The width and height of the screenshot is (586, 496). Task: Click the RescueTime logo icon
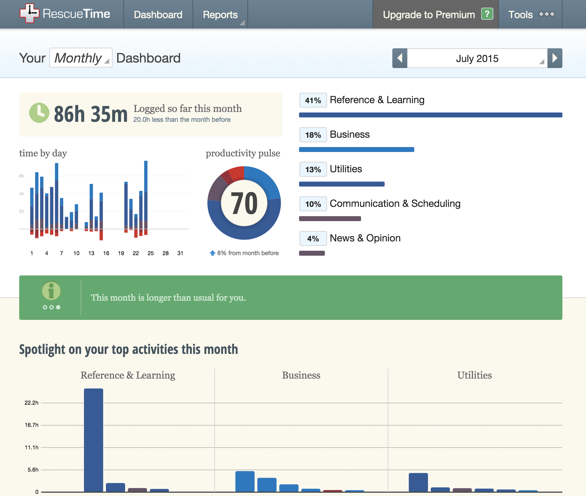point(29,13)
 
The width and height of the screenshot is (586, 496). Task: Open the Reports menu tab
point(220,14)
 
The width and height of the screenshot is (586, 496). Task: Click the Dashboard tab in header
point(158,14)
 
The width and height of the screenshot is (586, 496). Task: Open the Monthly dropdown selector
point(81,58)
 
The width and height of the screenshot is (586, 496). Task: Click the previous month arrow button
point(399,58)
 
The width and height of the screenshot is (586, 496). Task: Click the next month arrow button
point(554,58)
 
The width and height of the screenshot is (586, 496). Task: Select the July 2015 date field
point(477,58)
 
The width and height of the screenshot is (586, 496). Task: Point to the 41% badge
point(313,100)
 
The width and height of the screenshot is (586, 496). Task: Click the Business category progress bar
point(356,150)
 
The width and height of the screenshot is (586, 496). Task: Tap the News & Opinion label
point(365,238)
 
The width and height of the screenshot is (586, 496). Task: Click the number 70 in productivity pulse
point(244,203)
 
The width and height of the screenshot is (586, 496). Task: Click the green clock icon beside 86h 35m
point(39,113)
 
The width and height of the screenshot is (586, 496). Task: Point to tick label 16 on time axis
point(106,253)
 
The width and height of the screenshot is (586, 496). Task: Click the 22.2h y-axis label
point(32,403)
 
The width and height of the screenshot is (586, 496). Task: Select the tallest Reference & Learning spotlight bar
point(93,440)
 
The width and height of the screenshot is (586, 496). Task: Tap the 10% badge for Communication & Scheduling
point(313,204)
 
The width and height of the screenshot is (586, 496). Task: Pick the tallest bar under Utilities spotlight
point(418,482)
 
